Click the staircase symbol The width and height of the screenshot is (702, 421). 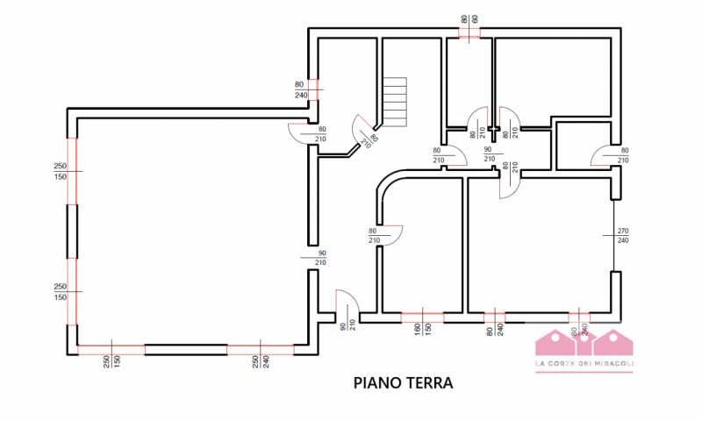pos(395,101)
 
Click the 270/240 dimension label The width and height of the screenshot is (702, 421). pos(623,235)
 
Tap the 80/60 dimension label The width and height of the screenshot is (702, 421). pos(469,18)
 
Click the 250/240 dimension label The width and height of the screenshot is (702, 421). pos(260,360)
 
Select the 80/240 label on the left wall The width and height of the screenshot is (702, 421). pos(300,89)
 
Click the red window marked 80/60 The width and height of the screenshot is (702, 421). pos(469,35)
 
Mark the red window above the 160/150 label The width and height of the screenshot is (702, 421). pos(422,313)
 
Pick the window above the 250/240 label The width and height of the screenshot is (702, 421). pos(260,348)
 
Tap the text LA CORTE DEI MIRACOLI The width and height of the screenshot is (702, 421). pos(584,365)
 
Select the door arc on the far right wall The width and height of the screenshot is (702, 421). pos(605,156)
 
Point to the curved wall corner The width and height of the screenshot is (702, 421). pos(386,181)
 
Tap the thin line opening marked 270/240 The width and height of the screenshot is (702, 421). pos(612,235)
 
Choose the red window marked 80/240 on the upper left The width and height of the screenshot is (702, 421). pos(312,89)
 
